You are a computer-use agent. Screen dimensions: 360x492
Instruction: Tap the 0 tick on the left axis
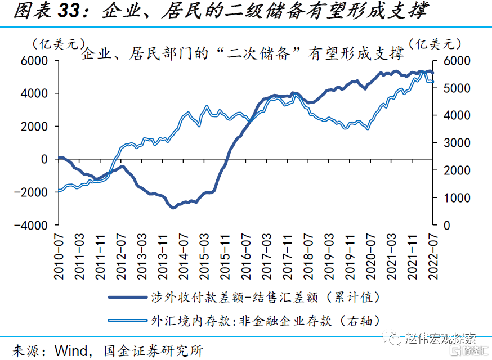[x=44, y=159]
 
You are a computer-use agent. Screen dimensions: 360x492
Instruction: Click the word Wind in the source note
[x=71, y=350]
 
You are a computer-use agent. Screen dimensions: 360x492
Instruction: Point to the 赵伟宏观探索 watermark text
[x=440, y=339]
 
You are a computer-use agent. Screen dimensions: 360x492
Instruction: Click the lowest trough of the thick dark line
[x=173, y=207]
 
